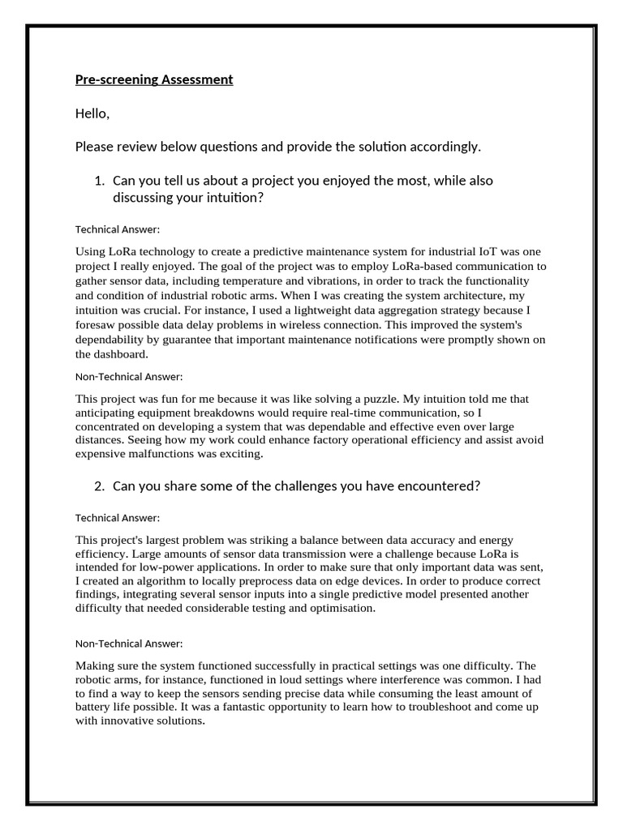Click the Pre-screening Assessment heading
coord(154,79)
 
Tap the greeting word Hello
coord(92,113)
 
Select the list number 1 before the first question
coord(100,181)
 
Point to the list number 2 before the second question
coord(100,486)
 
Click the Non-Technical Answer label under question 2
coord(129,644)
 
